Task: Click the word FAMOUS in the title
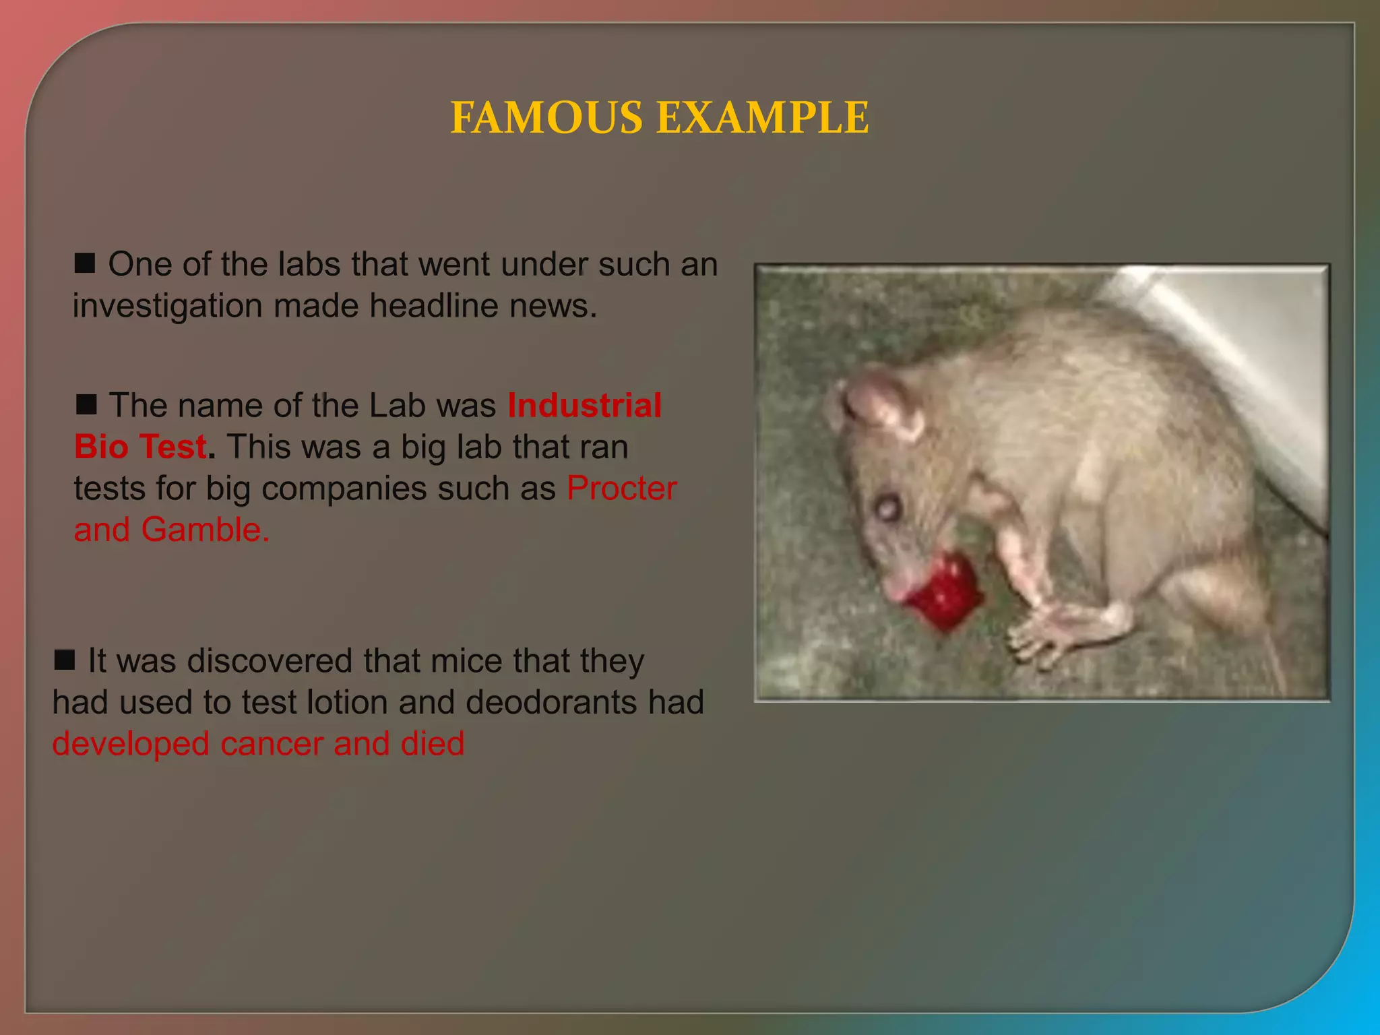pos(546,118)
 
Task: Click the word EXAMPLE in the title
pos(762,118)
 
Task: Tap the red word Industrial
pos(584,406)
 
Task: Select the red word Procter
pos(621,489)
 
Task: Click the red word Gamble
pos(205,530)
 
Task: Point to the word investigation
pos(167,307)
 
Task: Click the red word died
pos(432,744)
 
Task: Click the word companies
pos(344,489)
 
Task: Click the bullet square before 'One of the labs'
pos(85,263)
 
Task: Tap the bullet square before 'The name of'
pos(86,404)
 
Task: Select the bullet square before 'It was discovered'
pos(65,660)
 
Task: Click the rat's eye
pos(887,507)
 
